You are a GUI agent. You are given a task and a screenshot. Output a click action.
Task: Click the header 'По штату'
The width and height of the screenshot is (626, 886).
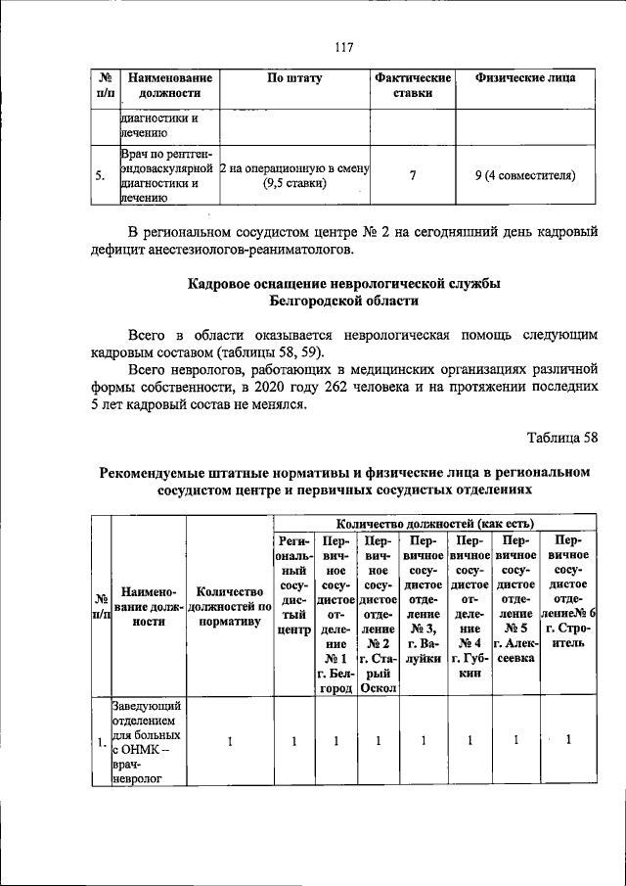click(295, 77)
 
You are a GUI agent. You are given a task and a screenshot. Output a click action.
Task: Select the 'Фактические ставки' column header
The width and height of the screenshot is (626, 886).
click(412, 85)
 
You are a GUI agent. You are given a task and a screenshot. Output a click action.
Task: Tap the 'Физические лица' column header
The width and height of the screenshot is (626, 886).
click(524, 77)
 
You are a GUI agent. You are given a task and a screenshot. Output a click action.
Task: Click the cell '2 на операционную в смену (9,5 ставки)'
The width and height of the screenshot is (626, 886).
click(295, 176)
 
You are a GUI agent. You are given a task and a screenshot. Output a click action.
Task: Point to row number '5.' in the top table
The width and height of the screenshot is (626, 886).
click(102, 177)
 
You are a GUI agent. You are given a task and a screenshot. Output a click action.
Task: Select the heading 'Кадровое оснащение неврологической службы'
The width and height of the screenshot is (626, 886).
click(343, 284)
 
